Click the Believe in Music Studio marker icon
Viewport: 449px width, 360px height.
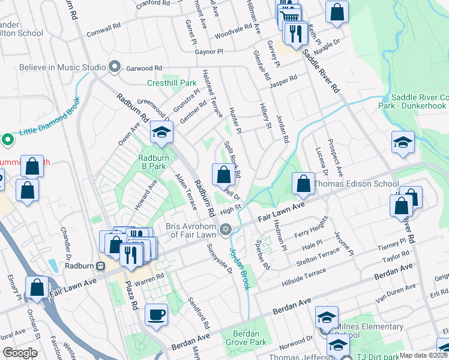coord(113,67)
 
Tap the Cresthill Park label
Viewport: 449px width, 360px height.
coord(172,83)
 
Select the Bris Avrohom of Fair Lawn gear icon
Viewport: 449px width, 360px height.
coord(226,229)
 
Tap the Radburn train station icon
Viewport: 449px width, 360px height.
coord(101,266)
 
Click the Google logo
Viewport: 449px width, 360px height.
coord(20,353)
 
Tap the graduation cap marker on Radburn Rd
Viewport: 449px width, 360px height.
coord(161,133)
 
